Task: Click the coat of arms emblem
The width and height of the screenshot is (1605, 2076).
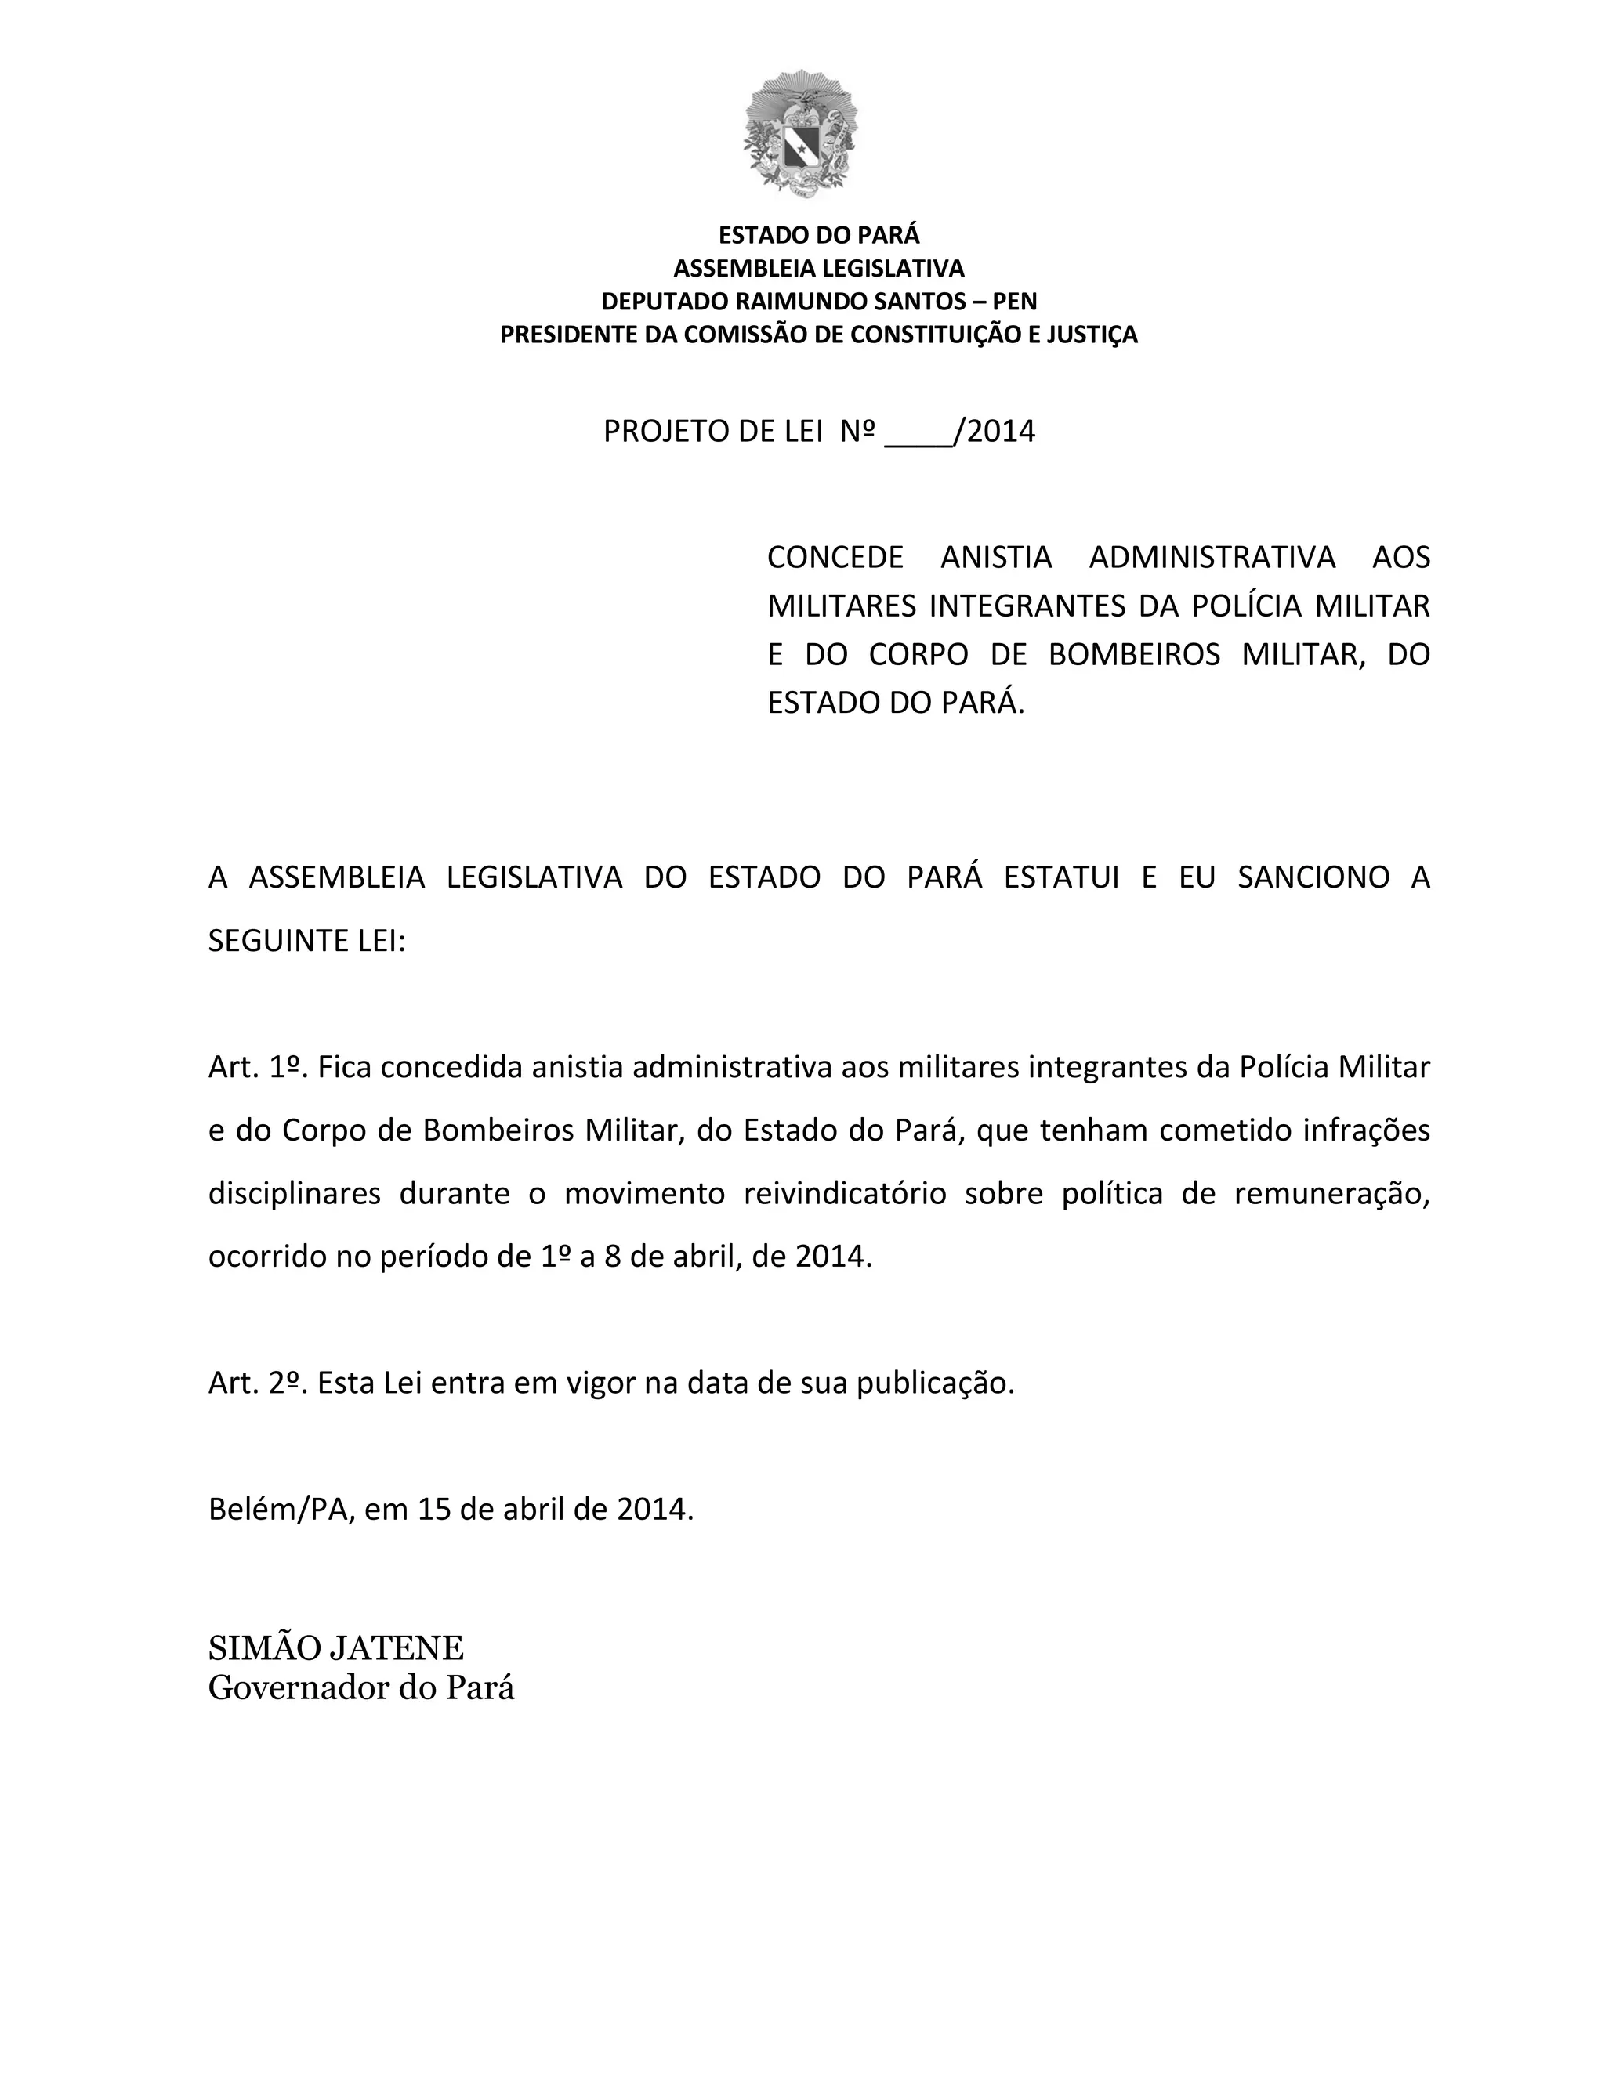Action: (801, 133)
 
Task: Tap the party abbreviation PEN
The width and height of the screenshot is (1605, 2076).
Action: (1015, 302)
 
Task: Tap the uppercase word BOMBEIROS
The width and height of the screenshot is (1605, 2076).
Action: (1133, 655)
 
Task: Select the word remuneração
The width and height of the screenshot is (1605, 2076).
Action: (1331, 1194)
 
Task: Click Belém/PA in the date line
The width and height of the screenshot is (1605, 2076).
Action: (281, 1510)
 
